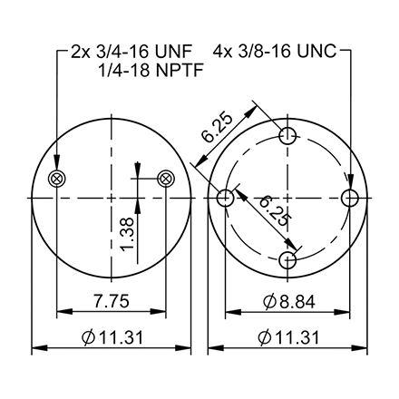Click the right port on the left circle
coord(165,178)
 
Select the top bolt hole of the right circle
coord(288,138)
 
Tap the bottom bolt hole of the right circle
coord(288,259)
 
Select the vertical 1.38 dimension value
coord(126,231)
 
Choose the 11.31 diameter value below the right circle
coord(290,337)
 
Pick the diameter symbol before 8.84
coord(268,303)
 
